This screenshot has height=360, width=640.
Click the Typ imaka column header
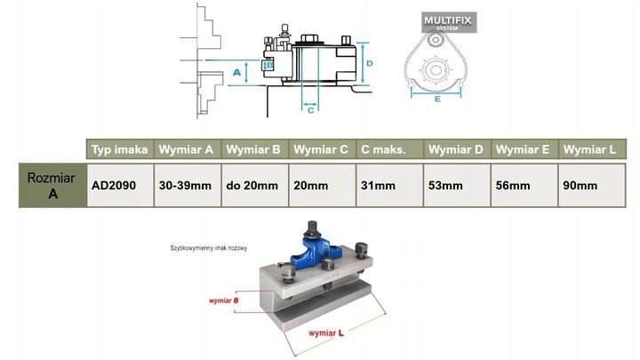tap(120, 149)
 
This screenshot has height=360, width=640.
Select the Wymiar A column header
tap(187, 149)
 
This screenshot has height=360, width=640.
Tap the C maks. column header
tap(383, 149)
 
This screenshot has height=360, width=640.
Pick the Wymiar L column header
tap(589, 149)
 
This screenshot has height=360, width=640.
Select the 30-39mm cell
tap(185, 185)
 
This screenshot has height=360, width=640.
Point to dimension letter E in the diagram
tap(438, 100)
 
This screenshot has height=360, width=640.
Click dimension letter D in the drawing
tap(367, 63)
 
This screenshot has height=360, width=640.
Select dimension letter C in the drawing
tap(310, 110)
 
